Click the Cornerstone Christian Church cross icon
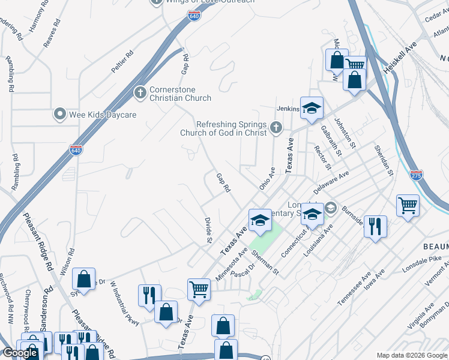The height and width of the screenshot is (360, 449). pyautogui.click(x=139, y=93)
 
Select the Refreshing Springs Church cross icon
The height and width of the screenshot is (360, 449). pyautogui.click(x=276, y=126)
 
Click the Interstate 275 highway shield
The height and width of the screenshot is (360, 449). pyautogui.click(x=417, y=175)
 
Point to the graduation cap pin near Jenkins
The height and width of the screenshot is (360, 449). pyautogui.click(x=312, y=108)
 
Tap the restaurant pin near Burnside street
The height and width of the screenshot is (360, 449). pyautogui.click(x=375, y=227)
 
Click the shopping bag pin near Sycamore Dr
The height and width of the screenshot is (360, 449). pyautogui.click(x=83, y=279)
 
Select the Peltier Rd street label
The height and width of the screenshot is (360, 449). pyautogui.click(x=122, y=62)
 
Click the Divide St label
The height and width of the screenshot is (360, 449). pyautogui.click(x=208, y=230)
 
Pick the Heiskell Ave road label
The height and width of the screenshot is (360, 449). pyautogui.click(x=401, y=60)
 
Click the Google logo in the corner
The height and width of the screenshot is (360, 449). pyautogui.click(x=20, y=353)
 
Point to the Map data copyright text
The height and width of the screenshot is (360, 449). pyautogui.click(x=412, y=355)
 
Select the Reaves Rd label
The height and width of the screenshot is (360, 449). pyautogui.click(x=52, y=33)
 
